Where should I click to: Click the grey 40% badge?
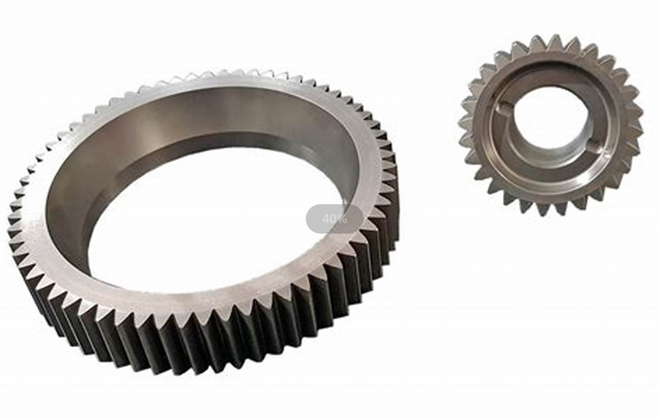click(x=334, y=219)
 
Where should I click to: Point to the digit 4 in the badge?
click(x=325, y=219)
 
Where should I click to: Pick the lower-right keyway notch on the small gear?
click(x=596, y=148)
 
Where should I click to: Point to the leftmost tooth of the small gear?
click(x=463, y=123)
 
